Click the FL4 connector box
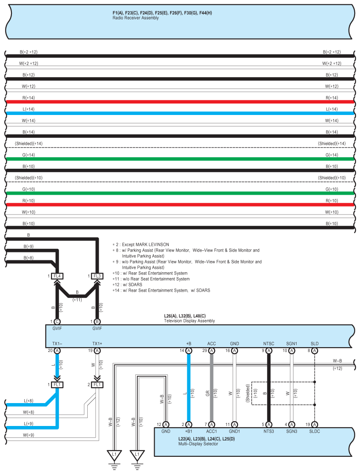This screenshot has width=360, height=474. coord(57,276)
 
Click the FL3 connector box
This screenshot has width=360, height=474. coord(97,276)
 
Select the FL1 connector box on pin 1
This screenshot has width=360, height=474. coord(57,385)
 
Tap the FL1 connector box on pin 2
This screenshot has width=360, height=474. coord(97,385)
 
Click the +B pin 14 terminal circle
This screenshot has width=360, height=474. coord(189,351)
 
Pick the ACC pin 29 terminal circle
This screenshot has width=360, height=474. coord(212,351)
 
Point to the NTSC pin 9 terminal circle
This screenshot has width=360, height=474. coord(269,351)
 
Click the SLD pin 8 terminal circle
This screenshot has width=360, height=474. coord(315,351)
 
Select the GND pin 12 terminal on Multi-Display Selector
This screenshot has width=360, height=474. coord(166,424)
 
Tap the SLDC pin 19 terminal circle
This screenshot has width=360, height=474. coord(315,424)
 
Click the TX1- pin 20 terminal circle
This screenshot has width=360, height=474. coord(57,351)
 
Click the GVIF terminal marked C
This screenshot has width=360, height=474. coord(57,322)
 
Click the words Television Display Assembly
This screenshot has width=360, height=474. coord(189,321)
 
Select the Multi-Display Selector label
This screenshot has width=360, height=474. coord(198,444)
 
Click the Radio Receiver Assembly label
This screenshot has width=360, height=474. coord(136,18)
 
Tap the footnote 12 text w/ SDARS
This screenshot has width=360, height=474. coord(128,285)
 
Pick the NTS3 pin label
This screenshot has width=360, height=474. coord(269,431)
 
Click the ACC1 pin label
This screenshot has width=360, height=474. coord(212,431)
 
